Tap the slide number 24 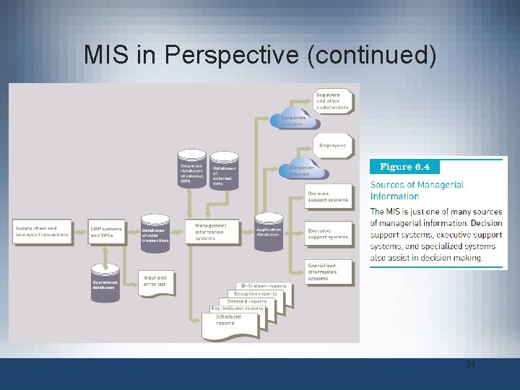click(470, 365)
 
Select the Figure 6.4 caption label click(404, 167)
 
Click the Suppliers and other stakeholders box click(332, 101)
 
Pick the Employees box click(332, 145)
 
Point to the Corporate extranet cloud click(294, 120)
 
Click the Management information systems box click(210, 231)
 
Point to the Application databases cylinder click(269, 232)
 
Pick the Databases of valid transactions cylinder click(155, 234)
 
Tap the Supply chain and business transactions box click(43, 231)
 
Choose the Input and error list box click(155, 280)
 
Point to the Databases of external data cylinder click(224, 170)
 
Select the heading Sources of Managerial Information click(417, 190)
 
